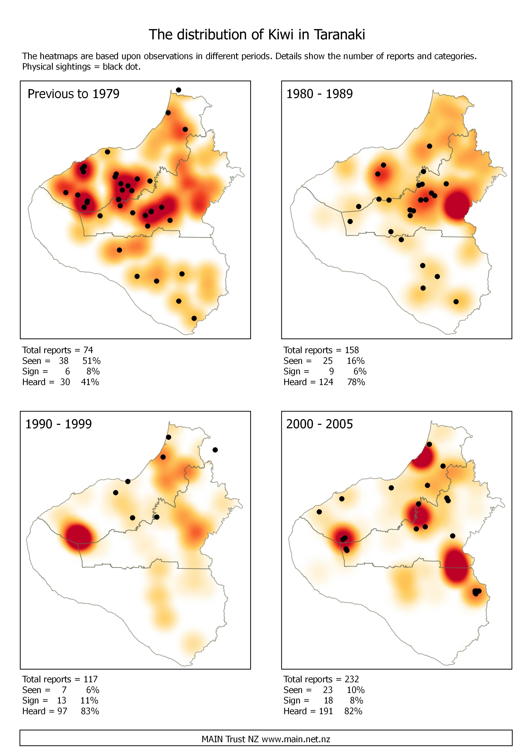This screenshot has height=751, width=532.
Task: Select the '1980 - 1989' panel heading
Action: pos(319,94)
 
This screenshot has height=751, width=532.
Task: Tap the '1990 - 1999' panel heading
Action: pos(58,424)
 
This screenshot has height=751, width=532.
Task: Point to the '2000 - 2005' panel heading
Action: pos(319,424)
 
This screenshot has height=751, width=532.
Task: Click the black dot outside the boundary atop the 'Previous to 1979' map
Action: pos(178,90)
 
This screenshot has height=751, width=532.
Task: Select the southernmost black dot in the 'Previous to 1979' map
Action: pos(194,318)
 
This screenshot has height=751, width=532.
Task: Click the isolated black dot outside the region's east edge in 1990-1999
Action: pos(215,450)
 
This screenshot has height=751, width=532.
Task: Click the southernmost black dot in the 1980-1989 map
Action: pos(456,302)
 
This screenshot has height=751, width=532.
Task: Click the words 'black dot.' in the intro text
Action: pos(122,67)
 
